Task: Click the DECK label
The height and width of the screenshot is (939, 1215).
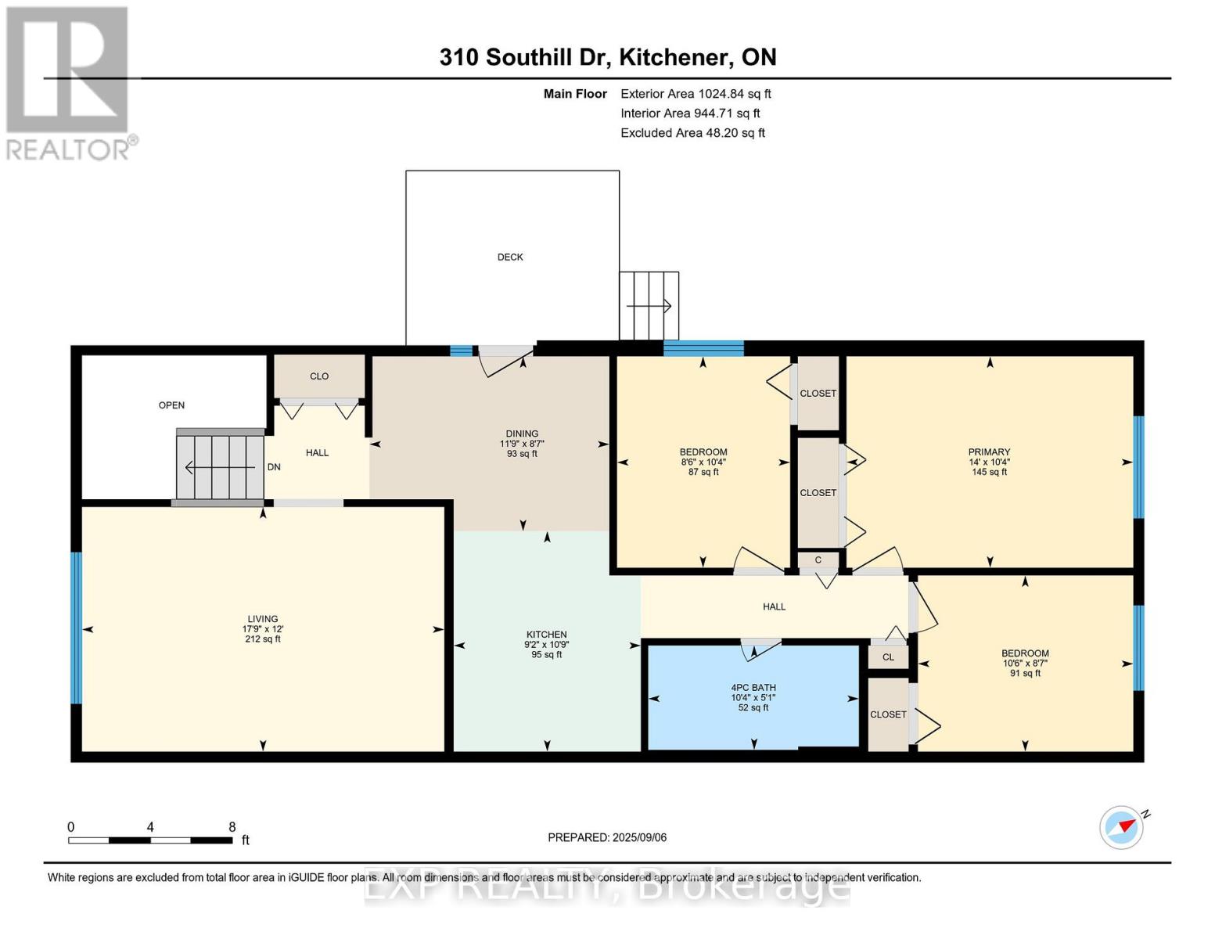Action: (510, 257)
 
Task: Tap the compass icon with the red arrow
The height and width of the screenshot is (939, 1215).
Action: (1121, 828)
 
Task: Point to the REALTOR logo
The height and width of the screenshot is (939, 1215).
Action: (70, 84)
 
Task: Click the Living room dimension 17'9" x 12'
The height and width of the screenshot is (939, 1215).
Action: (263, 629)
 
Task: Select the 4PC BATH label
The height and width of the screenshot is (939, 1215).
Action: (753, 688)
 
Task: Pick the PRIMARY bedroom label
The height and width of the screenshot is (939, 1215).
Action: (989, 452)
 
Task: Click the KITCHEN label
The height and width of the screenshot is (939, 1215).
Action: (546, 635)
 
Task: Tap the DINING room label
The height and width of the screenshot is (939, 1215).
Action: (522, 434)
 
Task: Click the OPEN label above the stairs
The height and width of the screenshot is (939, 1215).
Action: (171, 405)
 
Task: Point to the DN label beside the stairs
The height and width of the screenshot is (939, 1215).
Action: (273, 467)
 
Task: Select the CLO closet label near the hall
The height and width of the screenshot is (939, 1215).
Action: (319, 376)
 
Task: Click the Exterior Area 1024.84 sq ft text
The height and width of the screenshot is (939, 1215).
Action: (696, 94)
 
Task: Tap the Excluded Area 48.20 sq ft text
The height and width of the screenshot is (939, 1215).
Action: (692, 133)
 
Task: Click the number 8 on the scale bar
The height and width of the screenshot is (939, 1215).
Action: (232, 827)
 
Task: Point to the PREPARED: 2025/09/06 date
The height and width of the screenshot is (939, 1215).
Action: (607, 838)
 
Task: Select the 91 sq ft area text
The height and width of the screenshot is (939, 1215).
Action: (1025, 674)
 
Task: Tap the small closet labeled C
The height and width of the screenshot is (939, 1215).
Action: (818, 559)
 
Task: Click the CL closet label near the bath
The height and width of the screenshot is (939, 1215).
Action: (888, 657)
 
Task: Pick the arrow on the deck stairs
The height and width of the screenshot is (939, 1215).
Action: (649, 306)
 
